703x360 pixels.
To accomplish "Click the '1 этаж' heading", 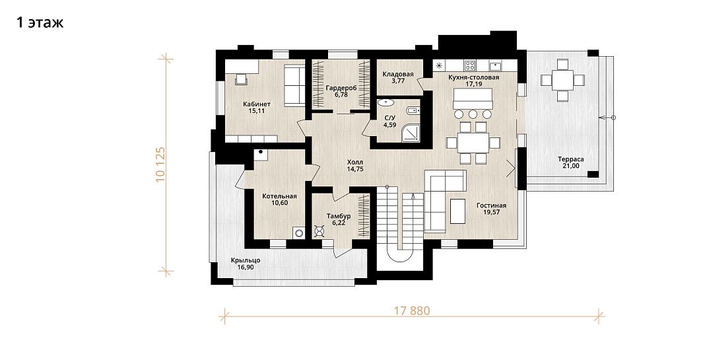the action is (40, 22).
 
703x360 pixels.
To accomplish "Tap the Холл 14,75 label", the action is (355, 166).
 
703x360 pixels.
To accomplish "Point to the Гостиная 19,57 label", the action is (491, 208).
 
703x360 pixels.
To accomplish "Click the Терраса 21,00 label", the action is (571, 162).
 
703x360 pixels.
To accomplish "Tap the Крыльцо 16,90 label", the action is (246, 264).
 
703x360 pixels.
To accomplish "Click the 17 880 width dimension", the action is (412, 310).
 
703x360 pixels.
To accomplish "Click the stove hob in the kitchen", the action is (470, 65).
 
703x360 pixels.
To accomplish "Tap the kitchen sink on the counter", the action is (495, 65).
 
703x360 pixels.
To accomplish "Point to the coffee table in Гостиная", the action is (457, 211).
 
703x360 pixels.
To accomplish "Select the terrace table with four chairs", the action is (562, 81).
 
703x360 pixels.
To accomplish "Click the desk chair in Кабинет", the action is (242, 79).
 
